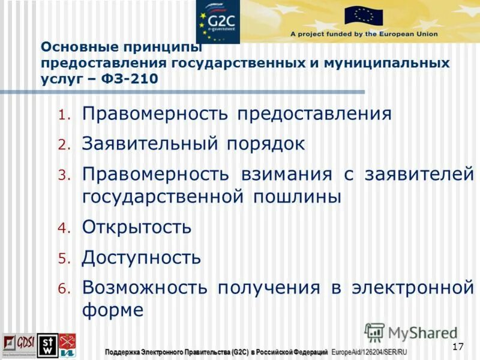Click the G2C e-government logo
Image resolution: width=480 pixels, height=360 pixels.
point(217,21)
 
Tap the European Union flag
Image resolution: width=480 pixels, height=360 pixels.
point(364,16)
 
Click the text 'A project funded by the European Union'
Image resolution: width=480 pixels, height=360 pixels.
point(364,34)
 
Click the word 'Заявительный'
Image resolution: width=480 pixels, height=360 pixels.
point(150,144)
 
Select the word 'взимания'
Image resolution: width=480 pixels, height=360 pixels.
point(286,174)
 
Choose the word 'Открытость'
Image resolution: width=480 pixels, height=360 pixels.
point(137,227)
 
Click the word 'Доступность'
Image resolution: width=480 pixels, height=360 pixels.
point(142,258)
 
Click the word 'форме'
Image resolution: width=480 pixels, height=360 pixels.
point(113,310)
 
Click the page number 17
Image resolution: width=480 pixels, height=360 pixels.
point(458,346)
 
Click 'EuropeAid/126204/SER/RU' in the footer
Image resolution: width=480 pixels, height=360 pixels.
point(370,351)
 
